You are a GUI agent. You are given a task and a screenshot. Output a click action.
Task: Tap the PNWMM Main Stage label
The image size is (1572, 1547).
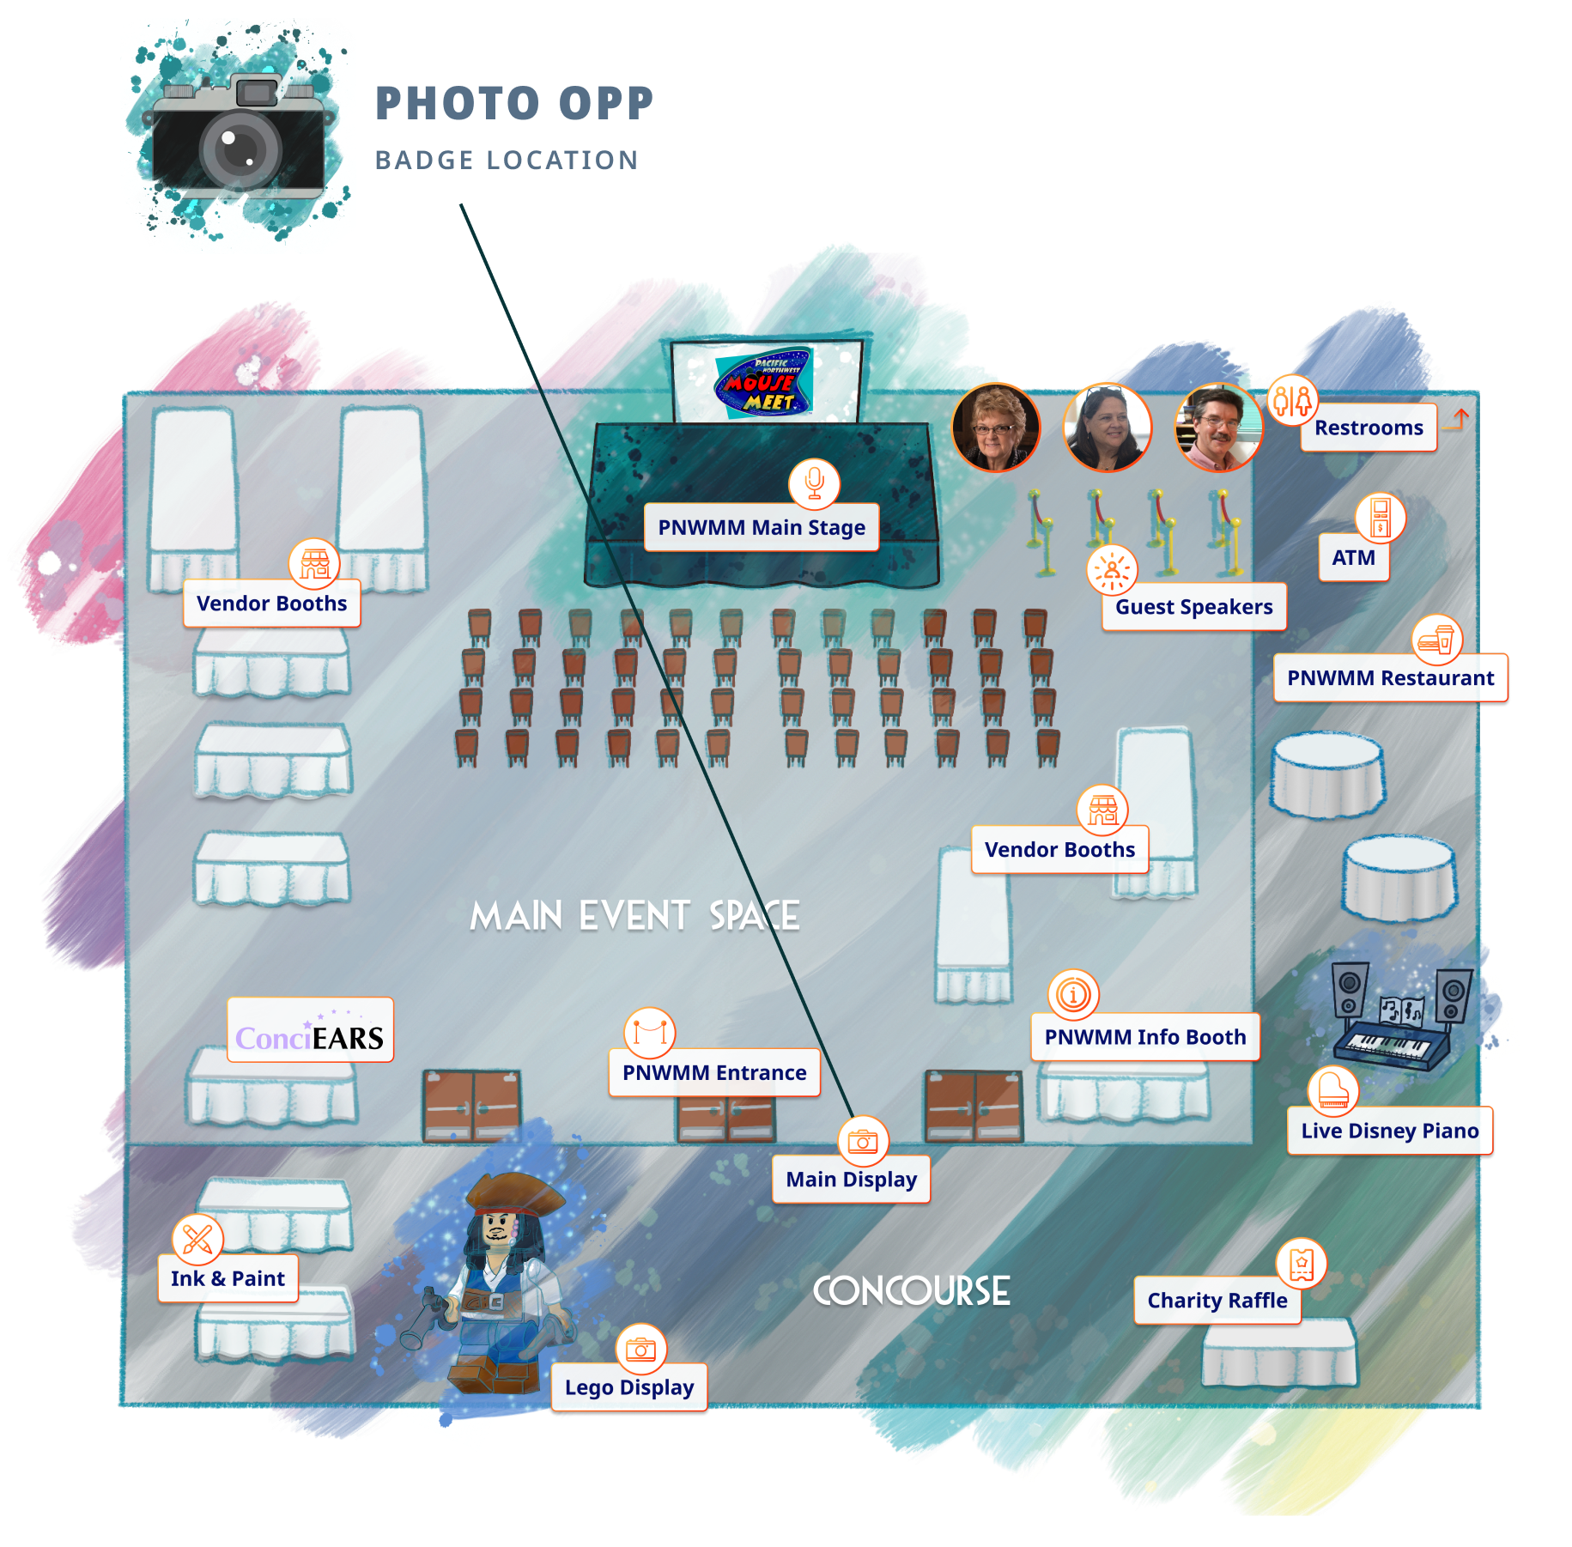point(762,527)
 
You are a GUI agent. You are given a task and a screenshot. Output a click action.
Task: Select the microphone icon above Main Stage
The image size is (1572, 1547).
point(815,483)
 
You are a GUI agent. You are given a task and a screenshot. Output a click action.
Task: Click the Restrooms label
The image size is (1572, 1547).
point(1369,428)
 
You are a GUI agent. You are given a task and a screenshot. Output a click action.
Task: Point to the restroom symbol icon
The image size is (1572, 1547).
point(1293,400)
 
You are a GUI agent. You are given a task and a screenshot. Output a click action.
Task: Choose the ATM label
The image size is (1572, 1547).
point(1353,558)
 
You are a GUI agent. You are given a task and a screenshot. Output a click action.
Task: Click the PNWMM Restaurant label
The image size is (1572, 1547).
point(1391,678)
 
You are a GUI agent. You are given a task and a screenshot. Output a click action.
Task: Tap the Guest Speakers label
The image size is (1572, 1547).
point(1194,607)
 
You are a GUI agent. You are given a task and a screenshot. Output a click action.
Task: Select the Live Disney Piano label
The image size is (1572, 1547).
point(1390,1131)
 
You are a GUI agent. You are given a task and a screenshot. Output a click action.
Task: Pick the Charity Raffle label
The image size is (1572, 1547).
point(1217,1301)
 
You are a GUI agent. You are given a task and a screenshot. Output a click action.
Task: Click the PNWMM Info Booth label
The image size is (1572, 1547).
point(1145,1037)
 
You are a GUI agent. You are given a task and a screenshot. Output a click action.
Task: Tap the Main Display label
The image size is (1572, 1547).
point(852,1180)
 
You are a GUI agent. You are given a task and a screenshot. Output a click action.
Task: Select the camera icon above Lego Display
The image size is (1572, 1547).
point(641,1350)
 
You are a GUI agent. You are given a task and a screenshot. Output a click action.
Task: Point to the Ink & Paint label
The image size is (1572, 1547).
point(228,1279)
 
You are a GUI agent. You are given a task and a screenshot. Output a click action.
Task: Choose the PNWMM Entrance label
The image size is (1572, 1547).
point(714,1073)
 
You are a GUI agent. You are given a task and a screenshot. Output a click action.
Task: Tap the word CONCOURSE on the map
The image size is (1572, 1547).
point(911,1291)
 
